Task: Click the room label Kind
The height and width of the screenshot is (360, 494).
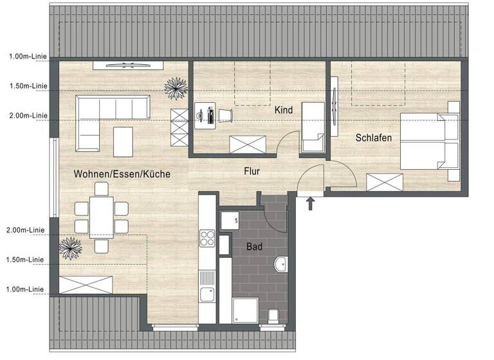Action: (x=284, y=110)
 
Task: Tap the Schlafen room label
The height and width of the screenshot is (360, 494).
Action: (x=374, y=138)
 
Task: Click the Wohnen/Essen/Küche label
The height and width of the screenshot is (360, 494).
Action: (x=122, y=174)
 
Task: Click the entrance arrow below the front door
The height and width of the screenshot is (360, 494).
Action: (x=311, y=204)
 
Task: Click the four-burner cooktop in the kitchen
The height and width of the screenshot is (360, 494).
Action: (x=208, y=239)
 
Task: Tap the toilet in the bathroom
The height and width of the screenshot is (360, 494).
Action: (x=273, y=314)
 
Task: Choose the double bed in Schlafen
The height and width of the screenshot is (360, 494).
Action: (x=430, y=142)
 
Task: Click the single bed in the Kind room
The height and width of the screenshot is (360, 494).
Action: (x=314, y=127)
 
